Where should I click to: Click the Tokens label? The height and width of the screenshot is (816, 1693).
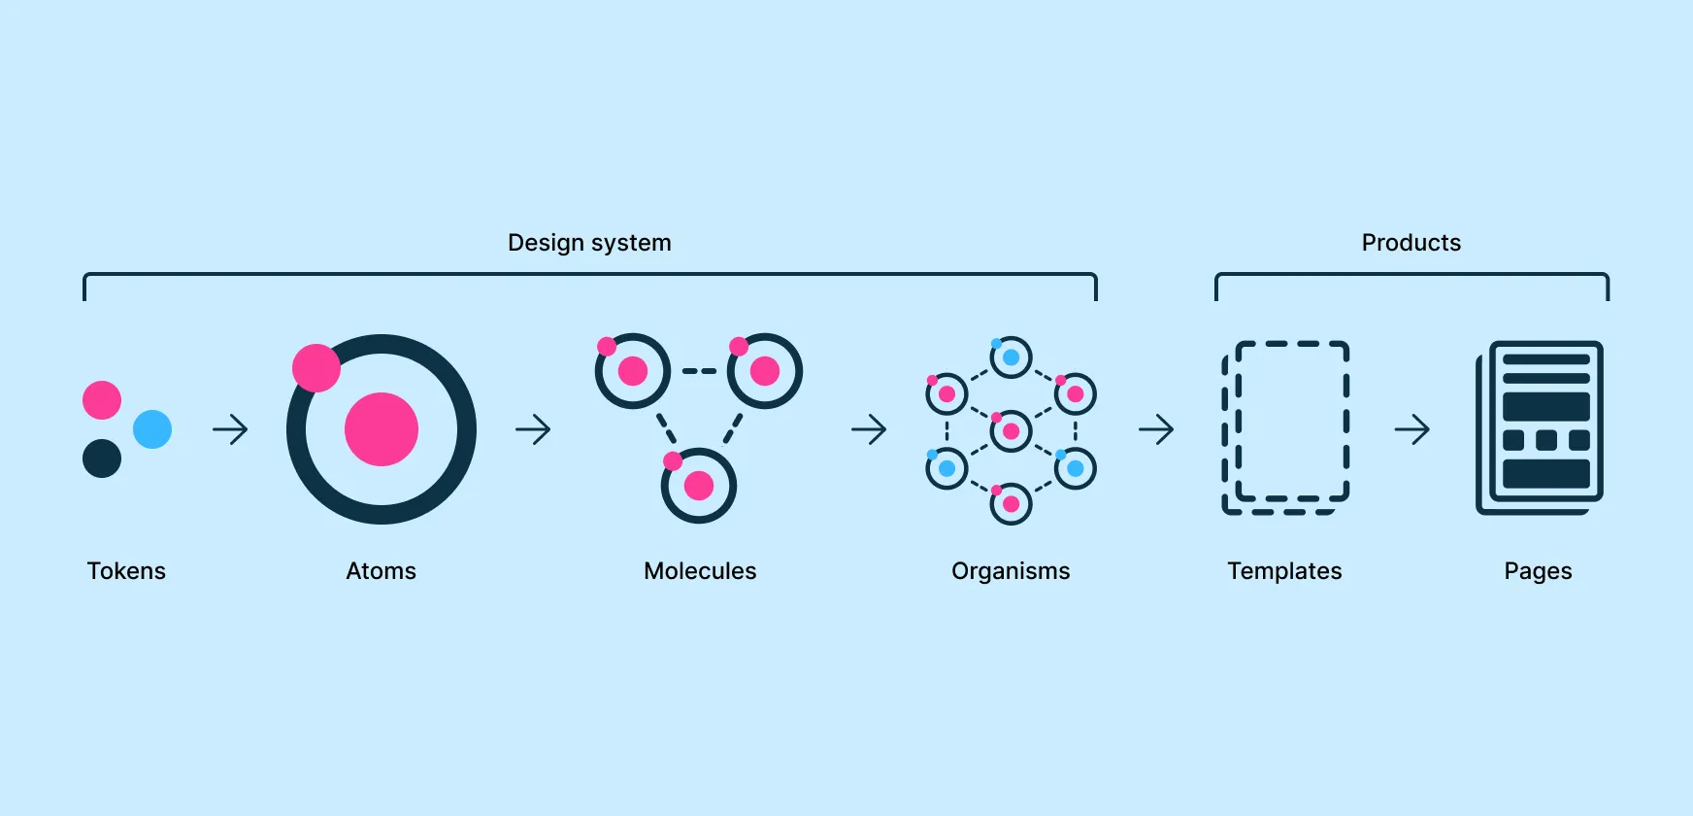click(x=126, y=571)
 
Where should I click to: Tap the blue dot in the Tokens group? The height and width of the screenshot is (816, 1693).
click(x=152, y=429)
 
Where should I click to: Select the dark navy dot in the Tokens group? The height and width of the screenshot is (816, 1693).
click(x=102, y=459)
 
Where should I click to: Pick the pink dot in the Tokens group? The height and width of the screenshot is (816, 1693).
click(x=102, y=400)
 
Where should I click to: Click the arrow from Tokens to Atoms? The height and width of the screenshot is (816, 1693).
click(x=230, y=429)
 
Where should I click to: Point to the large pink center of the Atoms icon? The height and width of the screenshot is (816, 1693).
click(x=382, y=429)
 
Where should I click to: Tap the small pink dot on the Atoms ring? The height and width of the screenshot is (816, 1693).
click(x=316, y=368)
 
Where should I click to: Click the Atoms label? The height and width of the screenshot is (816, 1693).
click(x=381, y=571)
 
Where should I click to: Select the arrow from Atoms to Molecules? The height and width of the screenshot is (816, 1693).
click(x=533, y=429)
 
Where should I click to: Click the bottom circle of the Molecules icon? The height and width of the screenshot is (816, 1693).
click(x=699, y=485)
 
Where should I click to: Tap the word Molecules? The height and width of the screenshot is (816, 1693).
click(x=700, y=571)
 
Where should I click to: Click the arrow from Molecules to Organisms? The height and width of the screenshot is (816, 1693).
click(x=869, y=429)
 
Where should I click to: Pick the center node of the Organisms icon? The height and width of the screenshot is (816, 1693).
click(x=1011, y=430)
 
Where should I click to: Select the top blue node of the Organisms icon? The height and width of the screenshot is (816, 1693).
click(x=1011, y=357)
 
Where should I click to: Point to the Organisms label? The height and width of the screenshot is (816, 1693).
click(x=1011, y=571)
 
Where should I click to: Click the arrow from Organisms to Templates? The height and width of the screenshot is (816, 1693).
click(x=1156, y=429)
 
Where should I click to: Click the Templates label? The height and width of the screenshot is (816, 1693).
click(x=1284, y=571)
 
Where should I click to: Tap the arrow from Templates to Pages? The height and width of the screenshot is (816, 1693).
click(x=1412, y=429)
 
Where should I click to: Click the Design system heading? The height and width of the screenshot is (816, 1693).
click(x=589, y=243)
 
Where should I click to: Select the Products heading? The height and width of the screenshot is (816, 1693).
click(x=1411, y=243)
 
